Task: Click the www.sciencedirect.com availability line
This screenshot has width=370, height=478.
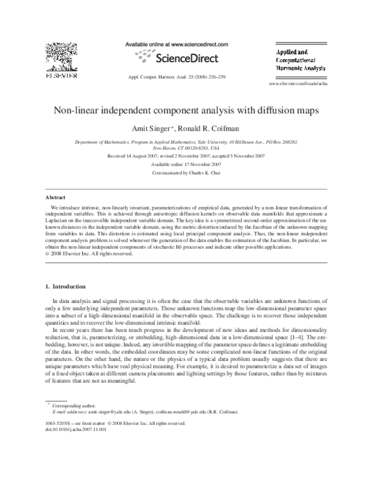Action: [x=176, y=44]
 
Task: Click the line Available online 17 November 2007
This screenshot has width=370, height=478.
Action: [x=186, y=166]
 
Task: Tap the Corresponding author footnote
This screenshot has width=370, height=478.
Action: [x=72, y=407]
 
